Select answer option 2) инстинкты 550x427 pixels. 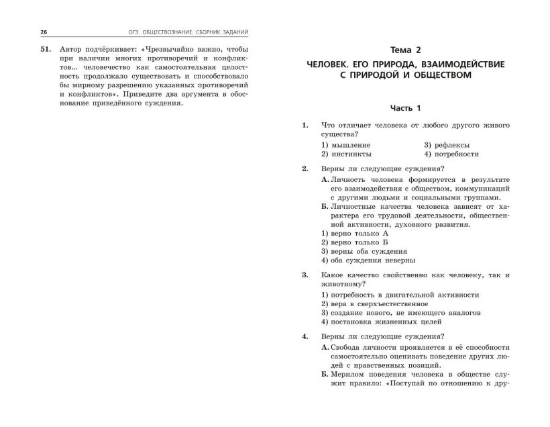(x=346, y=154)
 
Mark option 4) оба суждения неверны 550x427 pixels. (x=368, y=260)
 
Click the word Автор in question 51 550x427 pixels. (x=72, y=51)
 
